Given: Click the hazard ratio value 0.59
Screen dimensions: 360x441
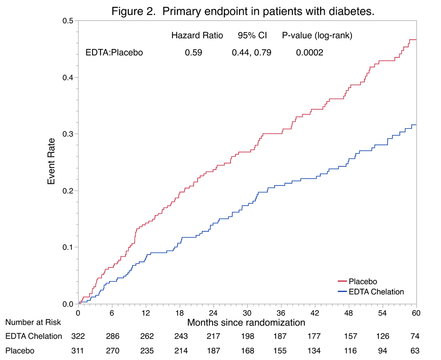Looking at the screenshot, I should [194, 52].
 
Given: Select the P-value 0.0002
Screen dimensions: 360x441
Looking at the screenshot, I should [310, 52].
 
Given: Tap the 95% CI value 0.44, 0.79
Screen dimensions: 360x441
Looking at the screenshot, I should [252, 52].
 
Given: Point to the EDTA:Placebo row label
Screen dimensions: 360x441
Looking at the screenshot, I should [114, 52].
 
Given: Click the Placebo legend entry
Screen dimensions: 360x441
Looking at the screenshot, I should [363, 281].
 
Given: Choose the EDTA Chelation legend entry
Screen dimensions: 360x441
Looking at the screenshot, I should [376, 291].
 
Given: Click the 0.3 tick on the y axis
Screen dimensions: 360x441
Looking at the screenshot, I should [67, 134].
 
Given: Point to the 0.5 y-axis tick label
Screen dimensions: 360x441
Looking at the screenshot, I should [67, 21].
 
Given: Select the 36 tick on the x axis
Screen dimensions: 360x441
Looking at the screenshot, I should [281, 312].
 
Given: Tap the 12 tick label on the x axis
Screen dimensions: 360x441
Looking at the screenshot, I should [146, 312].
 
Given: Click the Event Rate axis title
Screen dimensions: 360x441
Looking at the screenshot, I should [52, 162].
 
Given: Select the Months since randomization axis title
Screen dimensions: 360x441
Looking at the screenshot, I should [246, 323].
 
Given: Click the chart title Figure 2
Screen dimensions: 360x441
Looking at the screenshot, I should [243, 11].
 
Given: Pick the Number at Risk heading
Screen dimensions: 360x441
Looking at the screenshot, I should [33, 323].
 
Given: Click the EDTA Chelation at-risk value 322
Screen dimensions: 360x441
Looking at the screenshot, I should [78, 336].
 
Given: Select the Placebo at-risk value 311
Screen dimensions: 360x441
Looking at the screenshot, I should [78, 351].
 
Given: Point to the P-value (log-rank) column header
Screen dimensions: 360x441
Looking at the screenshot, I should [317, 36].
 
